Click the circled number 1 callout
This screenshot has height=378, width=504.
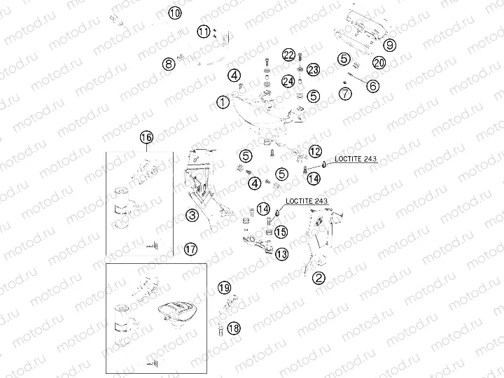223,102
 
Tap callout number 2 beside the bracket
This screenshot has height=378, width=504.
318,278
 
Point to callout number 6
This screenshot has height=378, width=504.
372,85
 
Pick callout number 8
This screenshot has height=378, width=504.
168,64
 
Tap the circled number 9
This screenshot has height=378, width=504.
390,45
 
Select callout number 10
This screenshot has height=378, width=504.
174,13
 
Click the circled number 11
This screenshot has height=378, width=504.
203,31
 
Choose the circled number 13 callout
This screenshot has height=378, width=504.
281,253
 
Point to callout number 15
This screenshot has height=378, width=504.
281,231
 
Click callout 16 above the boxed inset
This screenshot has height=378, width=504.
146,137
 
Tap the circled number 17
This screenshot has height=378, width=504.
190,248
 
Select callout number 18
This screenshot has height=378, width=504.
234,327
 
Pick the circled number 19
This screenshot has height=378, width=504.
224,288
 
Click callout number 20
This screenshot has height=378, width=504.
379,63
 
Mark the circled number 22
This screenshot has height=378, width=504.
289,55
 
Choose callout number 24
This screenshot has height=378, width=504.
288,81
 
